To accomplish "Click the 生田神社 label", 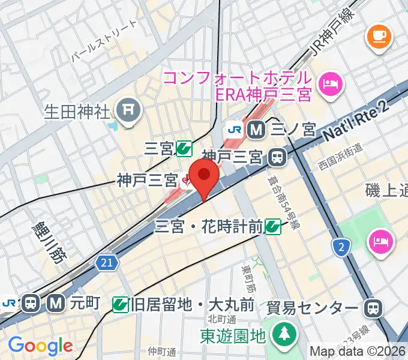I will click(x=78, y=111).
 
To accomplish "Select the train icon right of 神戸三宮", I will click(x=277, y=157).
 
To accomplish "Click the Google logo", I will click(x=40, y=346).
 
